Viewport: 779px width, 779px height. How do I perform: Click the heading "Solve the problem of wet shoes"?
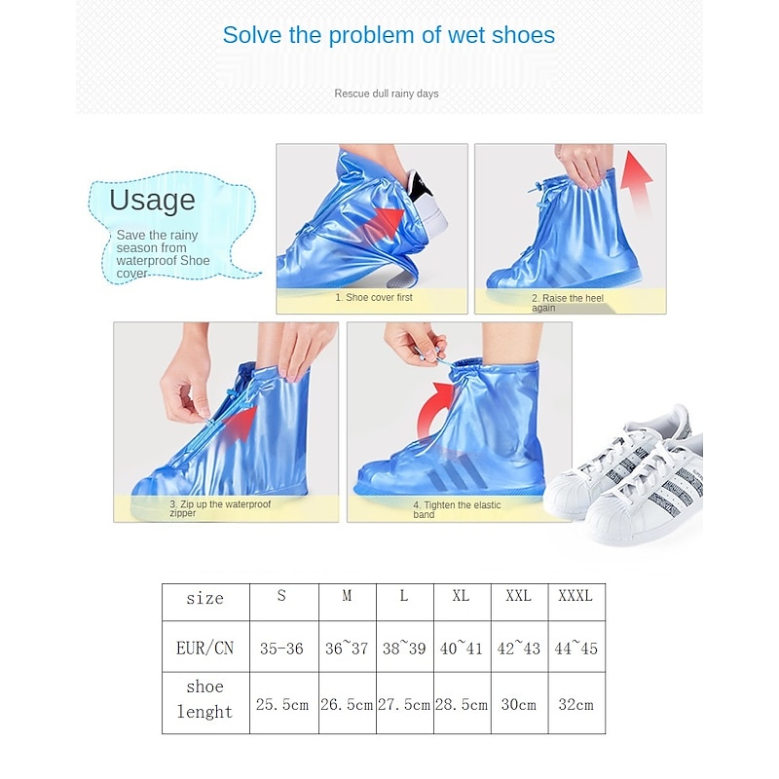pos(389,36)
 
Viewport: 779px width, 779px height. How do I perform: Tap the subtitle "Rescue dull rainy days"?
pos(387,93)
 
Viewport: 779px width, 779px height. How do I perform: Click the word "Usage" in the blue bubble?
pos(152,200)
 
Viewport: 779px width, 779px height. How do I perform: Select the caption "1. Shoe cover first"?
pos(374,297)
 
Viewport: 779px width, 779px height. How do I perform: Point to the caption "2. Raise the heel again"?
pos(571,303)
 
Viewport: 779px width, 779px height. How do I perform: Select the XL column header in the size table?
pos(462,596)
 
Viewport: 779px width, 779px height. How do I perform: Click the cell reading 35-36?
pos(282,648)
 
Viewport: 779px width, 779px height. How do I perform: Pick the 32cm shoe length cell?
pos(576,704)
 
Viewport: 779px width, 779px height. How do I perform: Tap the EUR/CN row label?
pos(205,647)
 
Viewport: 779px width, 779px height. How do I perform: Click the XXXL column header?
pos(576,596)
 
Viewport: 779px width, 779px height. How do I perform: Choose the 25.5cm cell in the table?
pos(282,704)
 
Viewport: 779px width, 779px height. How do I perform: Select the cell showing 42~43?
pos(519,648)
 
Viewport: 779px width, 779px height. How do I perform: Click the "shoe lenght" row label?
pos(205,699)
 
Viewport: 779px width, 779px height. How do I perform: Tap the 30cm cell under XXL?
pos(519,704)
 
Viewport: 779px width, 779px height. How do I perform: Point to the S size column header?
pos(282,596)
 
